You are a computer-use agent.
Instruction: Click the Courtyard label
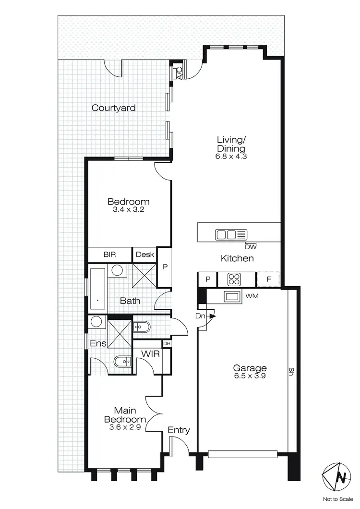(113, 108)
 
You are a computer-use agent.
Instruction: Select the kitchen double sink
(227, 235)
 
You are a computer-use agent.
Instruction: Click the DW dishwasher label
(250, 247)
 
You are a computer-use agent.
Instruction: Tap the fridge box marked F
(268, 279)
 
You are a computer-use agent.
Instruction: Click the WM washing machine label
(252, 296)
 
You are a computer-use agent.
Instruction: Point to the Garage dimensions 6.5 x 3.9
(250, 376)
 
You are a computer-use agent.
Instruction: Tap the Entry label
(179, 430)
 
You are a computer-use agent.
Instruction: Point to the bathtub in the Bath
(97, 290)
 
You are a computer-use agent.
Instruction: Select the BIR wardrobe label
(109, 254)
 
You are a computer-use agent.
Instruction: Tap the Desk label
(144, 254)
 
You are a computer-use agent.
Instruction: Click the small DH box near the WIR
(167, 343)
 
